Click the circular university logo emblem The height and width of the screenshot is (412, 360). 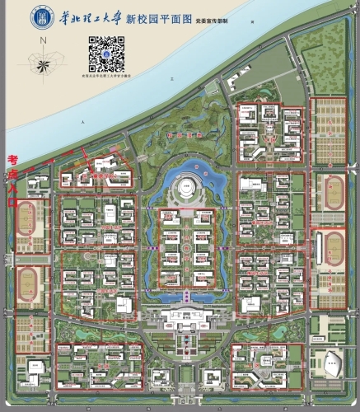(39, 17)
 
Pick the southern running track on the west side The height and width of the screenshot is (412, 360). (27, 286)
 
